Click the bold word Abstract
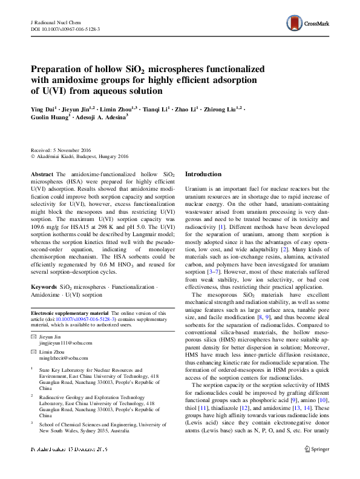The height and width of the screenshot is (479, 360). pos(42,174)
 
